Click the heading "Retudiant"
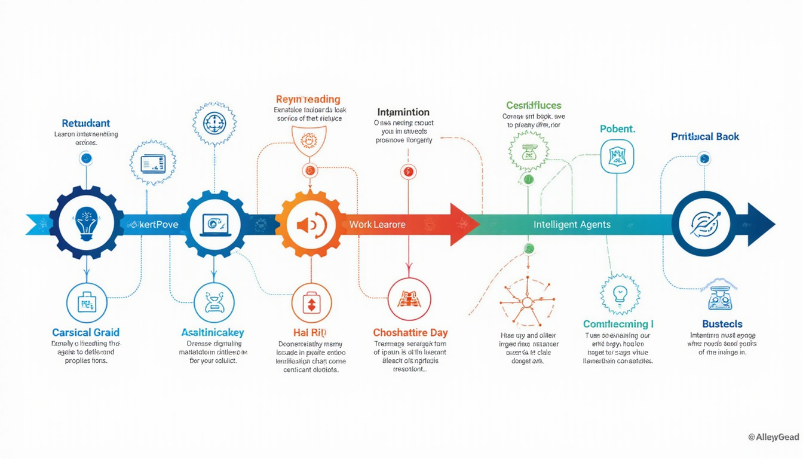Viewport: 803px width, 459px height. coord(86,123)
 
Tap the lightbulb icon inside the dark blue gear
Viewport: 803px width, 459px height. coord(87,222)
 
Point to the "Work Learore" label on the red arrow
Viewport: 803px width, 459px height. coord(377,225)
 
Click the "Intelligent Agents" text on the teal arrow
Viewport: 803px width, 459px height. coord(572,225)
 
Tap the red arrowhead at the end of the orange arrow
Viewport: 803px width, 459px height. coord(464,225)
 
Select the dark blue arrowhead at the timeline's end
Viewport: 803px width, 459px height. coord(760,225)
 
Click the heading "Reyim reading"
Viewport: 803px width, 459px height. coord(308,99)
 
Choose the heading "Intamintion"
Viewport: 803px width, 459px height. coord(403,112)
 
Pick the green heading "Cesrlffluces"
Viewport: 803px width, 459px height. coord(534,105)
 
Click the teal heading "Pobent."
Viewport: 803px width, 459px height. coord(617,129)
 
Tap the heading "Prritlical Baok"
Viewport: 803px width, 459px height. coord(705,136)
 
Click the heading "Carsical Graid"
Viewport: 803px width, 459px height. coord(85,332)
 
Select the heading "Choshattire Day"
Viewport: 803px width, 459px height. coord(410,332)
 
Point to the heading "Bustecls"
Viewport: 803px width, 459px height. coord(722,324)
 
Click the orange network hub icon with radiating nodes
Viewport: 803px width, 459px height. coord(527,302)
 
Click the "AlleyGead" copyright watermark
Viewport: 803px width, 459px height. coord(773,437)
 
